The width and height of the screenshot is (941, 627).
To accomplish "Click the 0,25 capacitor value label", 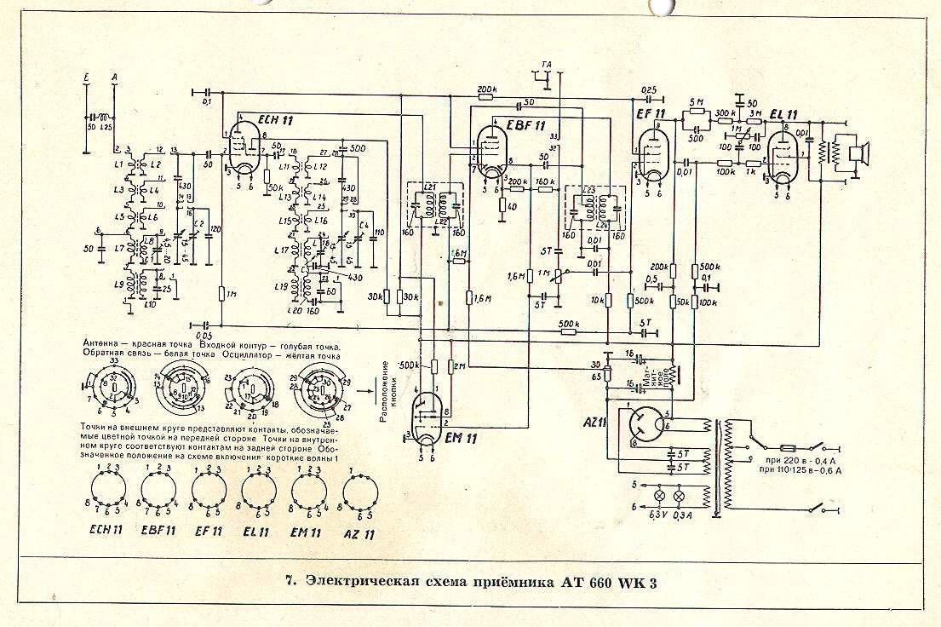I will click(649, 89).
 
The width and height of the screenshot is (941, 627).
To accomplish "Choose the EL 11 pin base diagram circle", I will click(257, 492).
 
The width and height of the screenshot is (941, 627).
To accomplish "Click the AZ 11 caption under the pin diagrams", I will click(359, 533).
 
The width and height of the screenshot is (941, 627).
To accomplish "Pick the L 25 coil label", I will click(106, 127).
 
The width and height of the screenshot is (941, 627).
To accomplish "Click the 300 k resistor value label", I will click(726, 112).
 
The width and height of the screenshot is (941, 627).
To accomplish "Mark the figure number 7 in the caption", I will click(290, 583).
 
